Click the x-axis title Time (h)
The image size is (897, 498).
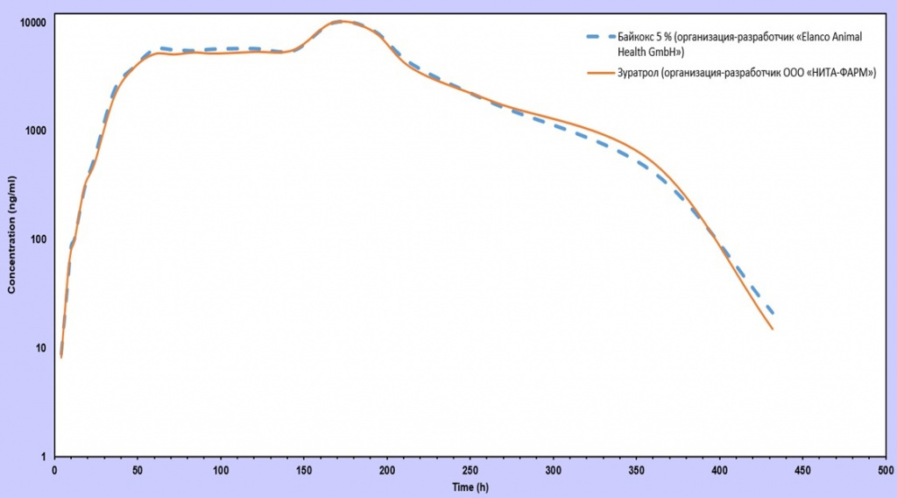click(x=470, y=487)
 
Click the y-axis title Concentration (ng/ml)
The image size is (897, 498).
click(x=11, y=235)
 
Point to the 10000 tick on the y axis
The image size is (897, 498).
click(x=32, y=22)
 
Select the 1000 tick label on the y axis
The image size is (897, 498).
click(x=35, y=131)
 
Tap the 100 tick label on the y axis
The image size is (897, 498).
click(x=38, y=239)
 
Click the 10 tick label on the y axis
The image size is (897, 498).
click(x=40, y=348)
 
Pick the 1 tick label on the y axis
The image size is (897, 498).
click(x=44, y=457)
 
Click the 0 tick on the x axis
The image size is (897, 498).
click(x=55, y=471)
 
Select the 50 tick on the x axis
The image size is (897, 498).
click(x=138, y=471)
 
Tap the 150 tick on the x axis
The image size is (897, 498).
click(x=304, y=471)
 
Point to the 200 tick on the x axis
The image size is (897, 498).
click(x=386, y=471)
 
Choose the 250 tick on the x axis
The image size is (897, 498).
click(x=470, y=471)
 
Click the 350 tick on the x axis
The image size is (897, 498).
click(x=636, y=471)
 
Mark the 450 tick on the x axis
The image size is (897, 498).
click(x=802, y=471)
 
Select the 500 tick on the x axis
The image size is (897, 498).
click(x=886, y=471)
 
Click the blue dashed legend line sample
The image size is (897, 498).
click(x=601, y=37)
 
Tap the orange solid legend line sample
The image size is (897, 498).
click(x=601, y=74)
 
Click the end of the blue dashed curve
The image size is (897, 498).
click(x=773, y=314)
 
